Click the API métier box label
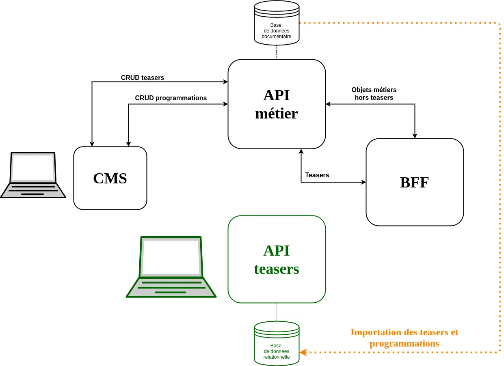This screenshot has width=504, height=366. click(276, 104)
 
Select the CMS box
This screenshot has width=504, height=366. click(110, 178)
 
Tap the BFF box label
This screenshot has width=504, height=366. click(414, 183)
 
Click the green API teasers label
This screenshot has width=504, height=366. click(276, 260)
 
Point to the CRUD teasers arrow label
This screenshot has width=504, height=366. click(142, 78)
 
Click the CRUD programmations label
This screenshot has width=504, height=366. click(171, 98)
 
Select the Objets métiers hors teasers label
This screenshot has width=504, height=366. click(374, 94)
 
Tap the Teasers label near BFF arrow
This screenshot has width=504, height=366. click(317, 175)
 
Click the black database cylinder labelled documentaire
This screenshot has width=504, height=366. click(277, 24)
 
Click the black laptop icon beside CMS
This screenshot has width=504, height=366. click(33, 175)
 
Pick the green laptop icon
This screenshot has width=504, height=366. click(171, 267)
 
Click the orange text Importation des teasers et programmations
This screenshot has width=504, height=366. click(404, 338)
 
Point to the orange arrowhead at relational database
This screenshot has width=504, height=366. click(303, 352)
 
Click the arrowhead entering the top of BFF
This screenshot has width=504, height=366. click(415, 136)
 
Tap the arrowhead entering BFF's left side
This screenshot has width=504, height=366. click(363, 182)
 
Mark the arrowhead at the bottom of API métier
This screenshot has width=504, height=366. click(301, 151)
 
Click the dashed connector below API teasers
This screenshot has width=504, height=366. click(277, 312)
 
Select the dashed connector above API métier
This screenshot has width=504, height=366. click(277, 52)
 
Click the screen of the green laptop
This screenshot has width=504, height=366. click(171, 256)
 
